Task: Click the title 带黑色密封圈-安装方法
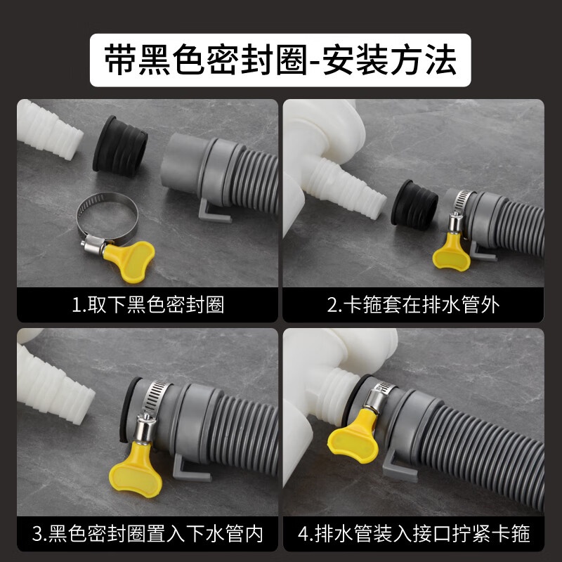click(280, 60)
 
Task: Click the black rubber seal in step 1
click(120, 146)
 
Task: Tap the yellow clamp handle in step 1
click(129, 261)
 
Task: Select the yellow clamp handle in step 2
click(452, 251)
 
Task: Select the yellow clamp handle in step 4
click(353, 438)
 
